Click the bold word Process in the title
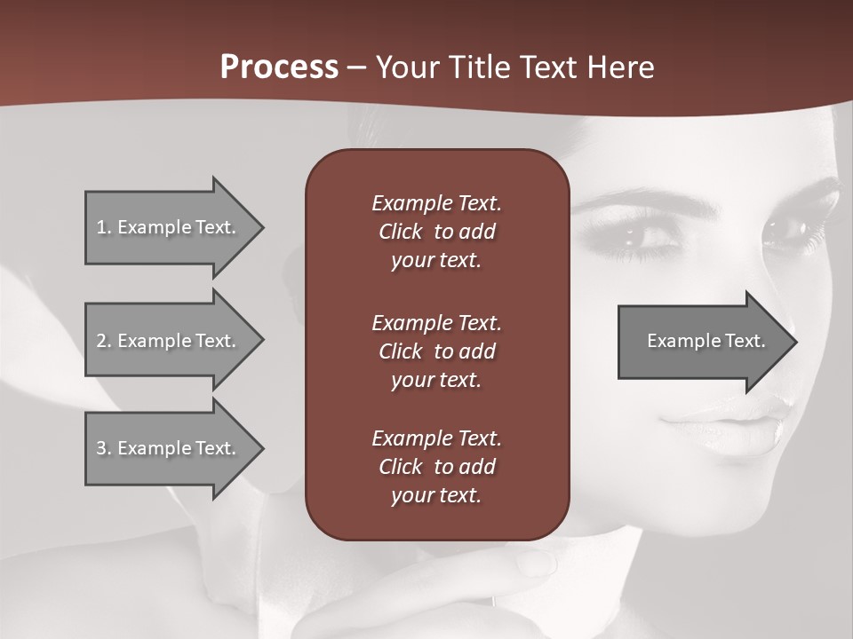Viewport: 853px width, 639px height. (x=279, y=67)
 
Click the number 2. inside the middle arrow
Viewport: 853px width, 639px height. (x=104, y=341)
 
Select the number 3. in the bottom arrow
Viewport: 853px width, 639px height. (x=104, y=448)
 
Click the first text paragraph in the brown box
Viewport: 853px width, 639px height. (x=436, y=232)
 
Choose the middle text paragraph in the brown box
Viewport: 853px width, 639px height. (x=436, y=351)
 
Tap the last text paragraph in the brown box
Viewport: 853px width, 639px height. (x=436, y=467)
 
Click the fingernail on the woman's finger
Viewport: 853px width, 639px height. (x=537, y=562)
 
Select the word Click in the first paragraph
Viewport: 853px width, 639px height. (x=401, y=232)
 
